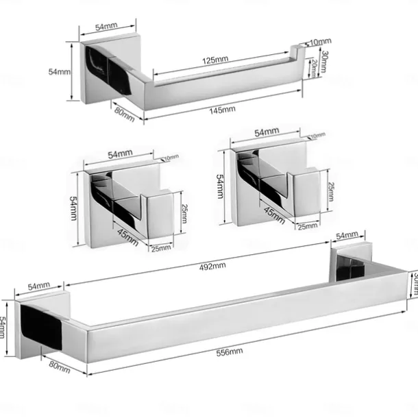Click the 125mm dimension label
click(x=216, y=60)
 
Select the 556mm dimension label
click(x=231, y=352)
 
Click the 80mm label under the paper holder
click(x=125, y=112)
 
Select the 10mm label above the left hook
click(x=171, y=158)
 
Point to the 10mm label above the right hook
click(x=317, y=136)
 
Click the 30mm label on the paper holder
click(x=326, y=62)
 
